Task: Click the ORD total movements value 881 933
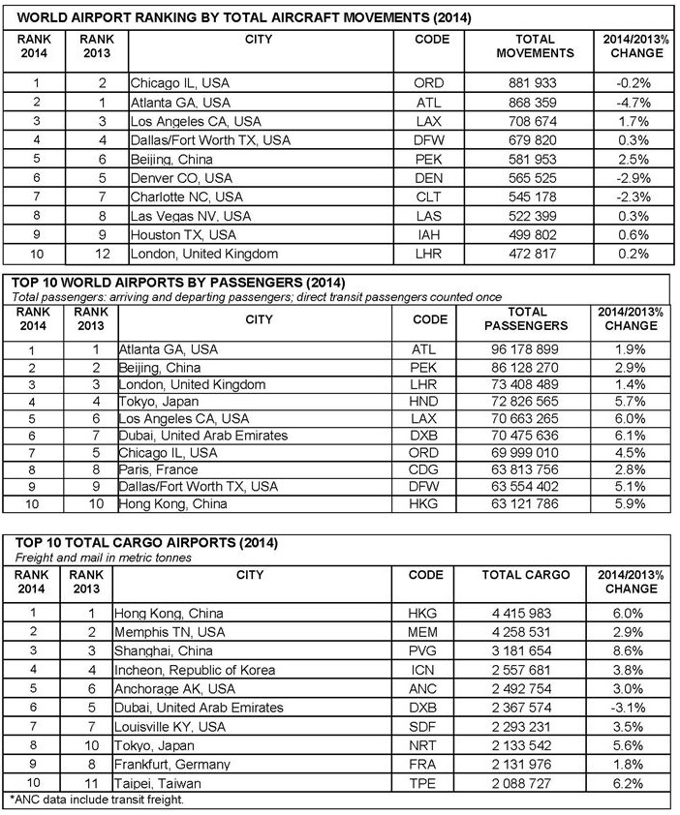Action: click(x=535, y=83)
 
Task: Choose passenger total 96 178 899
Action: click(x=535, y=347)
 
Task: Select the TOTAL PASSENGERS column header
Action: click(x=535, y=319)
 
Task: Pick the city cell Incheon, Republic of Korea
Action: click(x=194, y=670)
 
